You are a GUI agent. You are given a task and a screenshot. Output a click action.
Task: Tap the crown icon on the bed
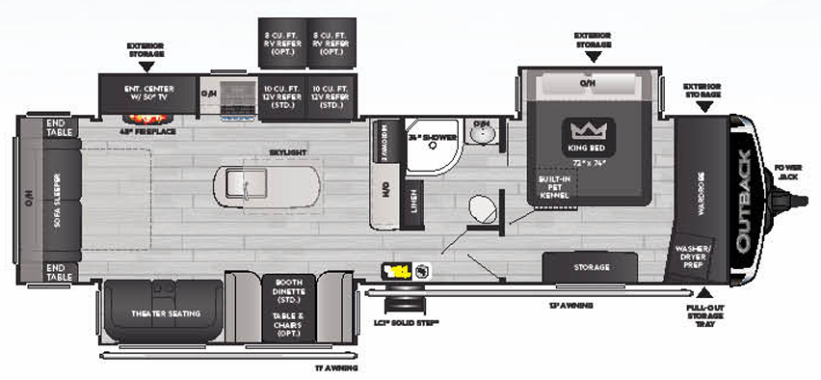click(586, 131)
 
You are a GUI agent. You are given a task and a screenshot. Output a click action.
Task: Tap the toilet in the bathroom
click(479, 210)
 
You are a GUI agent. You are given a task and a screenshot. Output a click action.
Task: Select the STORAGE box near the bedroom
click(591, 266)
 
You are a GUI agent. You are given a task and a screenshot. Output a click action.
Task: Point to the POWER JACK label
click(787, 173)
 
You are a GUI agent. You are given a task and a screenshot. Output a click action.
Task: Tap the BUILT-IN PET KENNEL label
click(555, 188)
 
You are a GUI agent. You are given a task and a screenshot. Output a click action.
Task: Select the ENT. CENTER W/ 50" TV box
click(148, 92)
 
